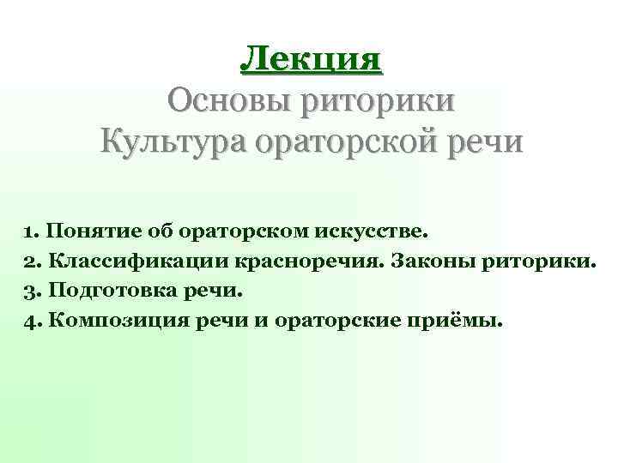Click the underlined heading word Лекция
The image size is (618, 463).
[x=310, y=58]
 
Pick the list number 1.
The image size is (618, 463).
[x=30, y=231]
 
